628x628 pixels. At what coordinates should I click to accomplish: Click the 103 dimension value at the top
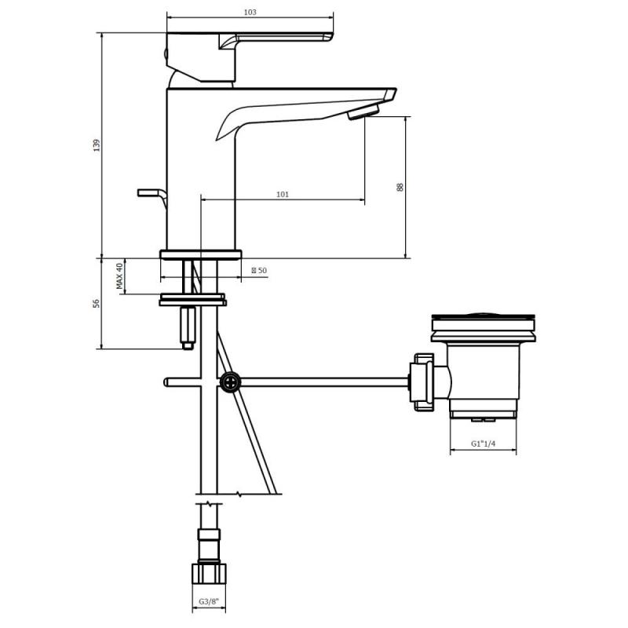(250, 12)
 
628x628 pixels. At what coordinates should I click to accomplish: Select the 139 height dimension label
(97, 145)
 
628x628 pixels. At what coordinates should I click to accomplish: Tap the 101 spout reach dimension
(283, 194)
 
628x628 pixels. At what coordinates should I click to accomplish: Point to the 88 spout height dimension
(400, 187)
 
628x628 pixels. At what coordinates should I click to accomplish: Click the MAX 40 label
(119, 276)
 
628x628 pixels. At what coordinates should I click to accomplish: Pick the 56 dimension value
(96, 303)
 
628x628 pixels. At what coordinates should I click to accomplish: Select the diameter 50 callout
(259, 270)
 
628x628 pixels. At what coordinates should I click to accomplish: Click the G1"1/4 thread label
(483, 444)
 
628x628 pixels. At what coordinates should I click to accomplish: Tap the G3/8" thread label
(209, 601)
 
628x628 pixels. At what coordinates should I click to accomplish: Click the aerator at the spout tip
(363, 111)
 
